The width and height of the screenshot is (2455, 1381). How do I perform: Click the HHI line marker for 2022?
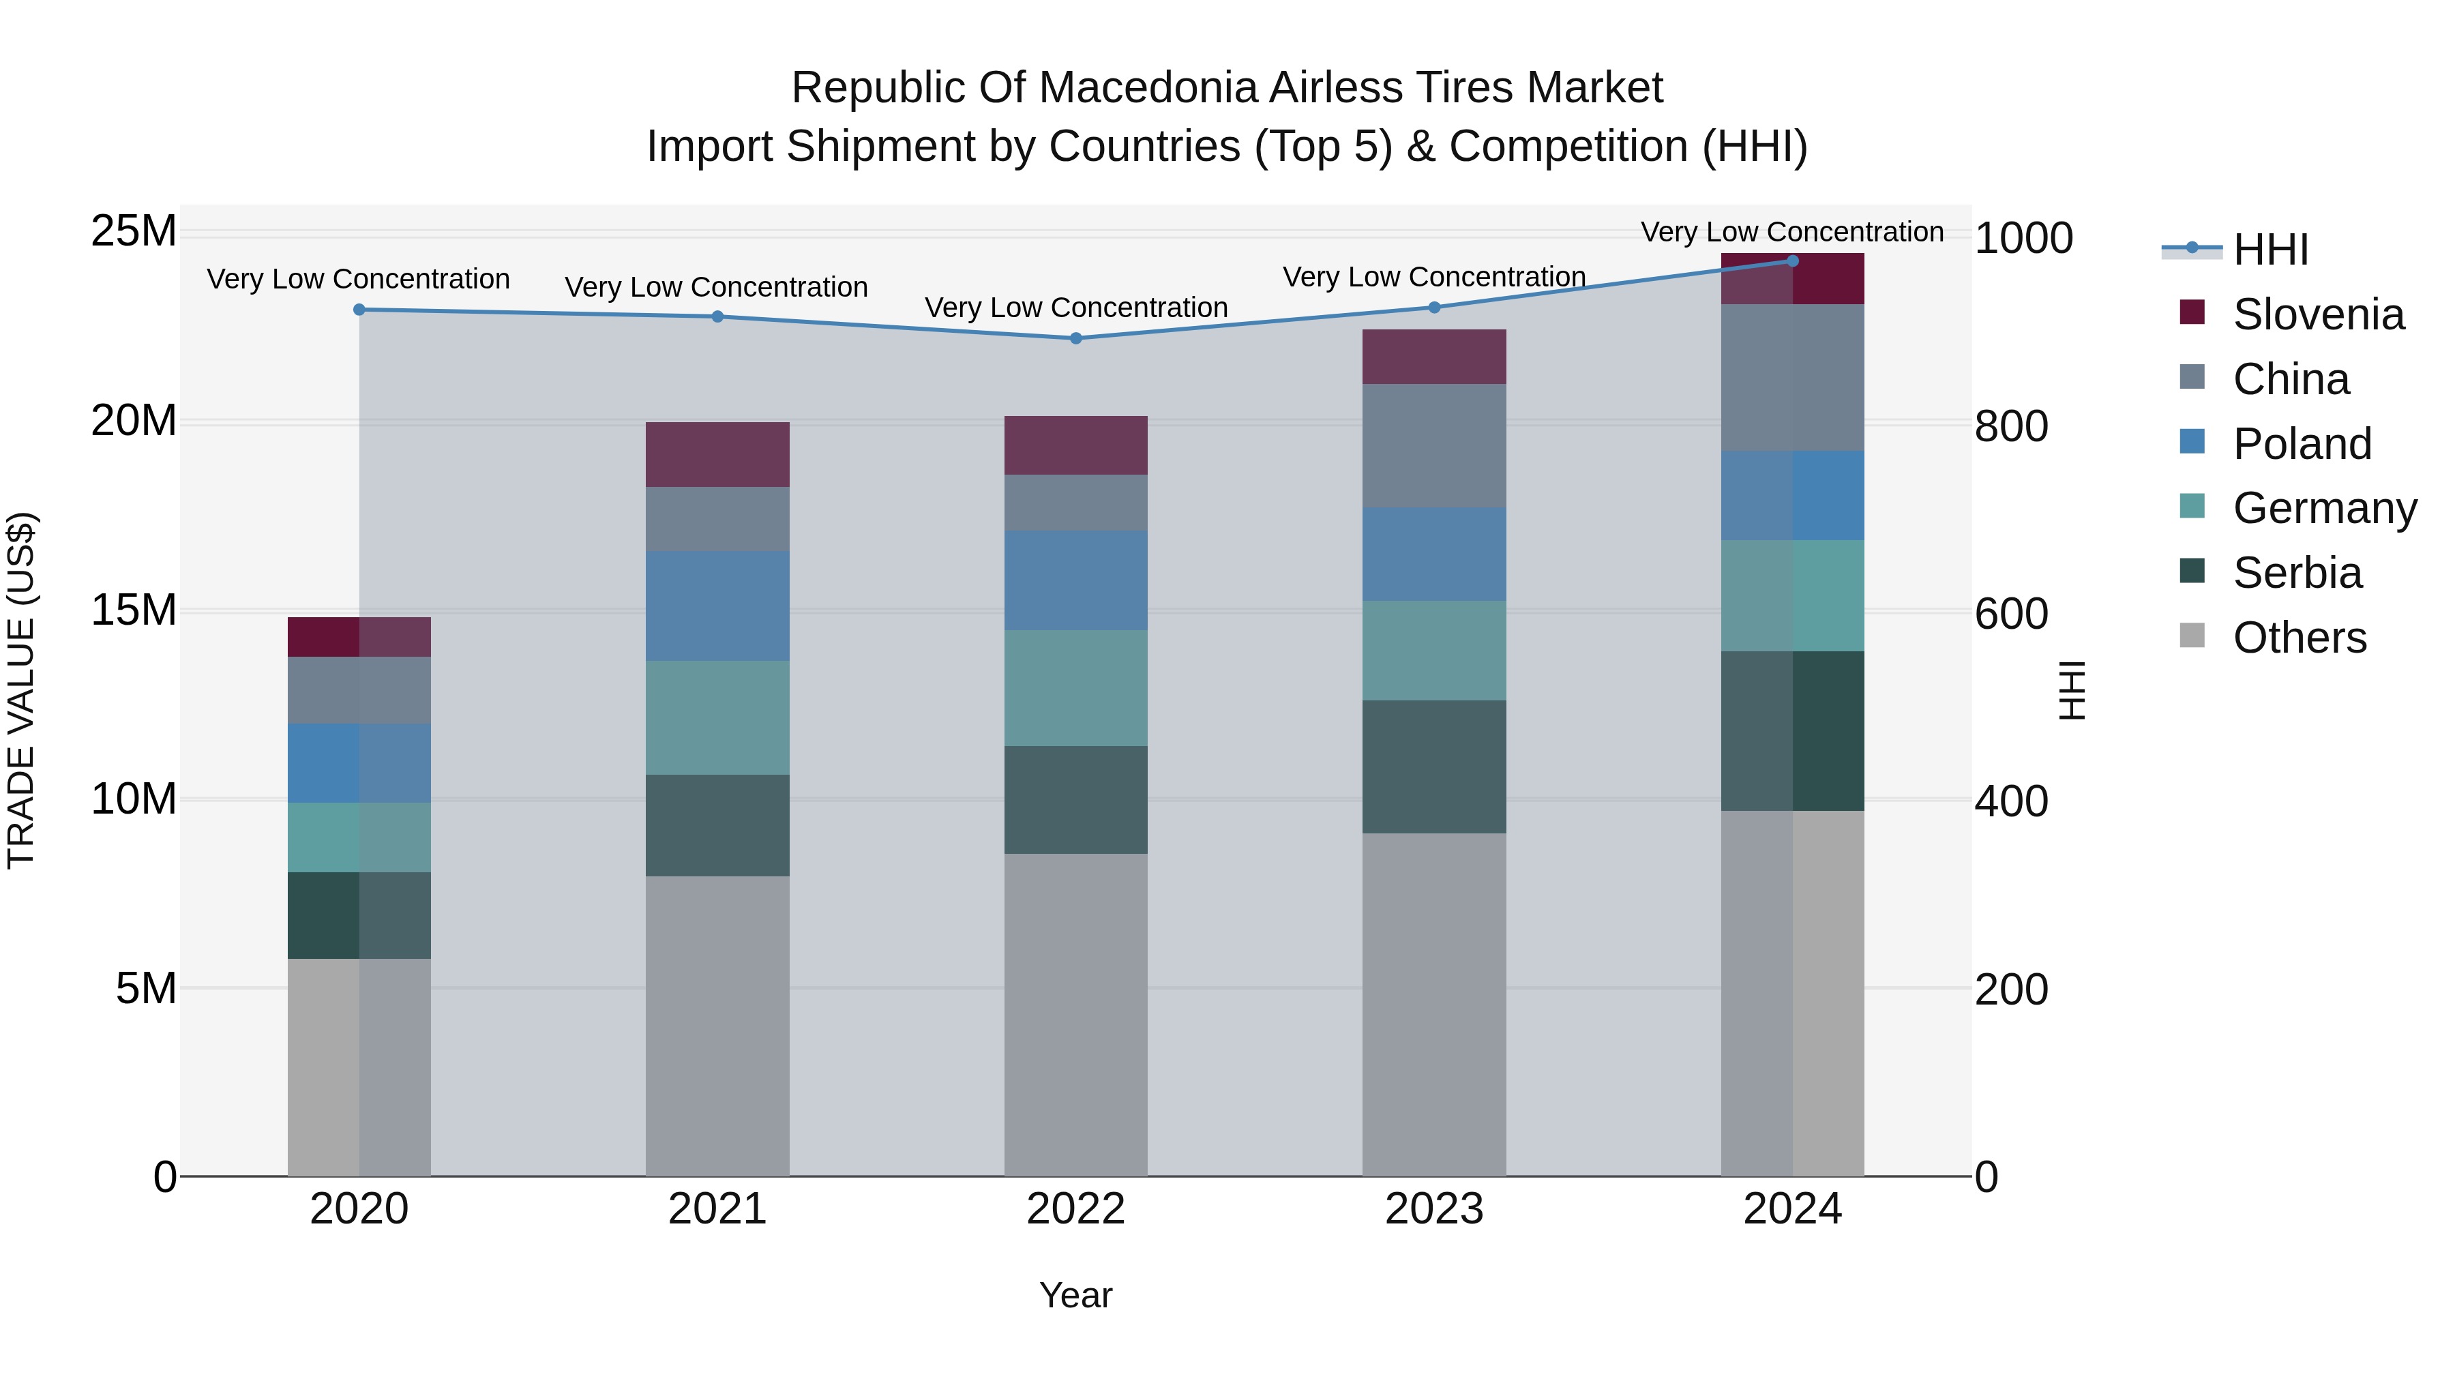point(1076,338)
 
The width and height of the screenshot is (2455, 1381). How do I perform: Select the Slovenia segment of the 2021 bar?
point(717,455)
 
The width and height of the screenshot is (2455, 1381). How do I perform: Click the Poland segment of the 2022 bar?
point(1076,580)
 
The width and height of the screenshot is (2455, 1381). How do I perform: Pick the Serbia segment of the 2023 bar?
point(1434,767)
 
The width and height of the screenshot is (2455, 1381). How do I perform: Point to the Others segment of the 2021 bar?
point(717,1026)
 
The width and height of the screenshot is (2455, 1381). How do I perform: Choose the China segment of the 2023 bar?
point(1434,446)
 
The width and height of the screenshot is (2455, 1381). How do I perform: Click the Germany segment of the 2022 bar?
point(1076,688)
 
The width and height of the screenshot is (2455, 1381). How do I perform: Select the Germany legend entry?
point(2323,508)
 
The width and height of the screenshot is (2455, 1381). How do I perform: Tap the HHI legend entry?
point(2270,250)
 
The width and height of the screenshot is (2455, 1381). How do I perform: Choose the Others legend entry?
point(2299,638)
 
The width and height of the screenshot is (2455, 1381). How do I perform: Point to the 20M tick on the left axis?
point(134,420)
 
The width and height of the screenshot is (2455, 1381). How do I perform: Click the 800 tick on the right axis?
point(2011,426)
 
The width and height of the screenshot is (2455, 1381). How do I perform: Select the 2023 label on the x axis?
point(1434,1209)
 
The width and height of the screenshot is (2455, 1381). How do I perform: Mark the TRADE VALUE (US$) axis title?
point(21,690)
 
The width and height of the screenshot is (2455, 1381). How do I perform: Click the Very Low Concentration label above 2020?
point(358,279)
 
